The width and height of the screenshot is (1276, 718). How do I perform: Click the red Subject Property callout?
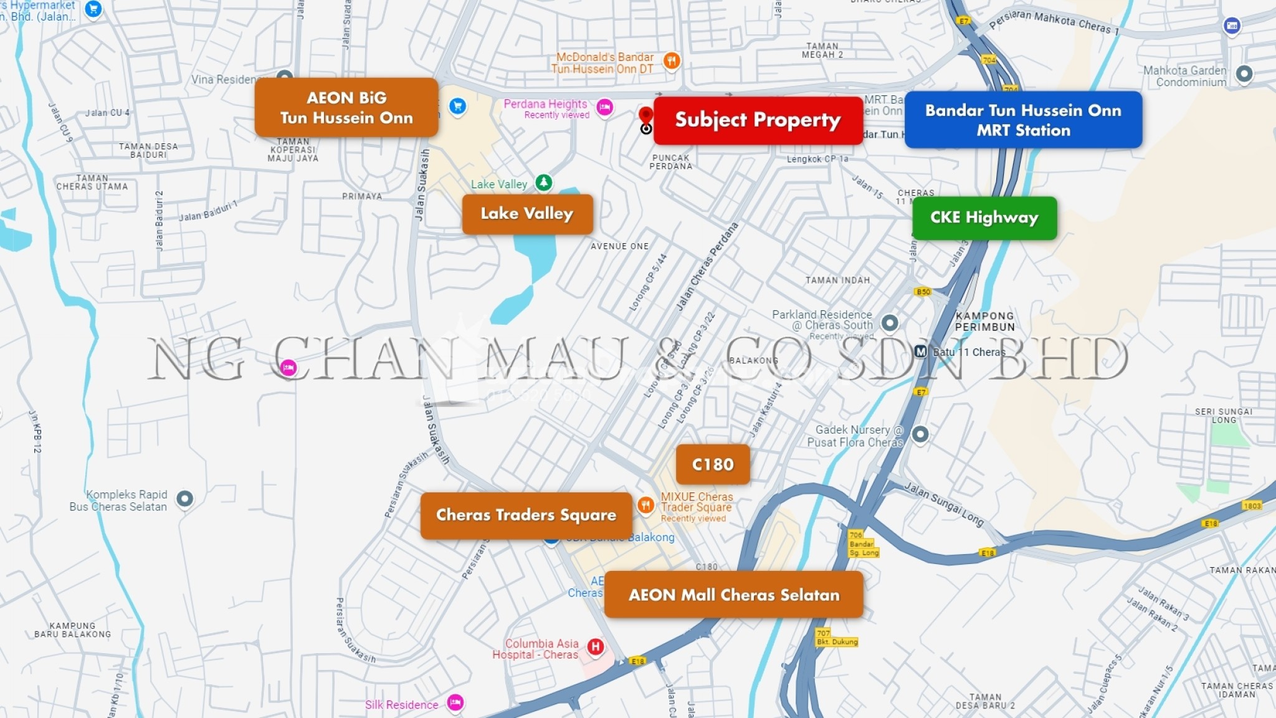[x=758, y=120]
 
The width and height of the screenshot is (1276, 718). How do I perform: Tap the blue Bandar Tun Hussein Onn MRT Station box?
[x=1023, y=120]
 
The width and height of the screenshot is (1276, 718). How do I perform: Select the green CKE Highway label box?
[x=984, y=218]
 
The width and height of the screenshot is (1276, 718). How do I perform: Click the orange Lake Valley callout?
[x=527, y=214]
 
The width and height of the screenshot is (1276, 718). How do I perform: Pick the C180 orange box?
[x=713, y=464]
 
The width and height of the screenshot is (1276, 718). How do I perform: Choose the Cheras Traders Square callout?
[x=526, y=515]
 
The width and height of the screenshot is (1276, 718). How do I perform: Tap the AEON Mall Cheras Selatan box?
[x=733, y=595]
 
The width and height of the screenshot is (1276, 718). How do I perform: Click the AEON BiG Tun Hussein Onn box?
[x=346, y=107]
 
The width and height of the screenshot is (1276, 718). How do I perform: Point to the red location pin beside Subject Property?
[x=646, y=115]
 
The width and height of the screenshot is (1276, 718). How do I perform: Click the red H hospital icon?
[x=596, y=646]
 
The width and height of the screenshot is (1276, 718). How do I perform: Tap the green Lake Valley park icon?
[x=544, y=182]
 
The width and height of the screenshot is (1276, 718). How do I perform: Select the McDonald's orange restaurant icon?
[x=671, y=60]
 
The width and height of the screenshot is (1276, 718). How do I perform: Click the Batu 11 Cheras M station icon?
[x=921, y=352]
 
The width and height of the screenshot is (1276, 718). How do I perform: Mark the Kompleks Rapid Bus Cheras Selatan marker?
[x=184, y=499]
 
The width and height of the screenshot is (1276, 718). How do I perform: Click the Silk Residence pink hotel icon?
[x=455, y=702]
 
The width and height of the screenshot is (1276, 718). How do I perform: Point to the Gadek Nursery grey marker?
[x=920, y=434]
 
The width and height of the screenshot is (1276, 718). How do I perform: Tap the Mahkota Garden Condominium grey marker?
[x=1244, y=74]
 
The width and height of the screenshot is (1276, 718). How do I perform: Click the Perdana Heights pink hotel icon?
[x=604, y=107]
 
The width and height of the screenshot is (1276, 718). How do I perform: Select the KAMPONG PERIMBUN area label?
[x=984, y=321]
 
